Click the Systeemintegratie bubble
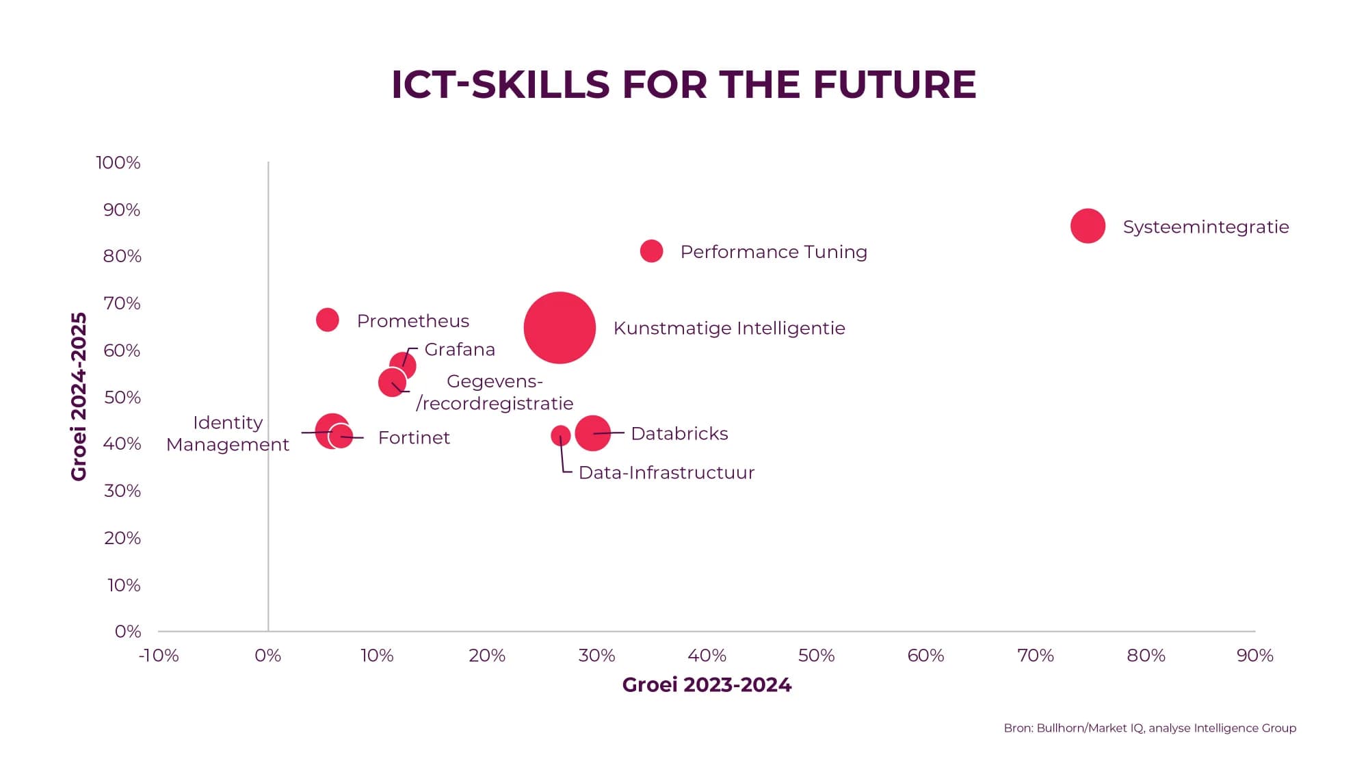pos(1088,226)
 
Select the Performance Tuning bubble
pos(651,251)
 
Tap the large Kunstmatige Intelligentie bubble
pos(560,328)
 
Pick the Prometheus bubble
pos(327,320)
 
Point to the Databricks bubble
pos(592,433)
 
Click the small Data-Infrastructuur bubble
pos(560,435)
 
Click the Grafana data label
pos(460,350)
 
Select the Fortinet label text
pos(414,438)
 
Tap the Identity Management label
pos(228,434)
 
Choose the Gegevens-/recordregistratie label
pos(495,393)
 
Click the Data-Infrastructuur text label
pos(666,473)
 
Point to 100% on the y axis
pos(118,163)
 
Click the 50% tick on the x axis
pos(816,656)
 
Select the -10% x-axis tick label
pos(159,656)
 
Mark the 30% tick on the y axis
pos(122,491)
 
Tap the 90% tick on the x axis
pos(1254,656)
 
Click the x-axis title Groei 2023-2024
pos(707,685)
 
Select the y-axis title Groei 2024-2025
pos(79,397)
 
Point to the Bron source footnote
pos(1150,728)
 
